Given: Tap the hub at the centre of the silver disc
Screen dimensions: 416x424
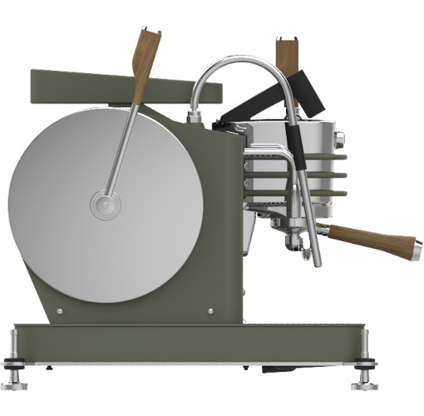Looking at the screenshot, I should (x=106, y=205).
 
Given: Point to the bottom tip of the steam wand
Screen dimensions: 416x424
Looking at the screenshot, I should (x=317, y=261).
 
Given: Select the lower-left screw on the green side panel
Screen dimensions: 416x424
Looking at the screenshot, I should (x=60, y=312).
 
